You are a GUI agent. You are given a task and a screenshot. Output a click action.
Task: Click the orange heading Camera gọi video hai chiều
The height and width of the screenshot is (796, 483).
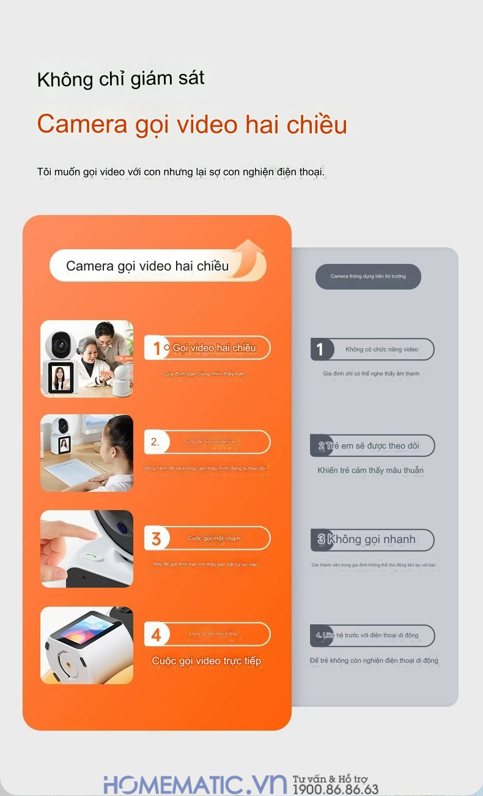tap(192, 125)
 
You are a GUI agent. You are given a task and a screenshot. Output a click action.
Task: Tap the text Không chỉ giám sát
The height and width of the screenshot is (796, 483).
tap(120, 79)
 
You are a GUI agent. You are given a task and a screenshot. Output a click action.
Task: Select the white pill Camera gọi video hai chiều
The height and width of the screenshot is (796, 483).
tap(147, 266)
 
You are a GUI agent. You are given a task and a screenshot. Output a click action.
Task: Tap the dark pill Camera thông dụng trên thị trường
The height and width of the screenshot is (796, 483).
tap(368, 277)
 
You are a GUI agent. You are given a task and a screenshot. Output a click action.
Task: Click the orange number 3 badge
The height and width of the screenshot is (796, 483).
tap(157, 539)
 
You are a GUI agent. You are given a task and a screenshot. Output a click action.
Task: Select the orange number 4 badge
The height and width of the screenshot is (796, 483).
tap(157, 635)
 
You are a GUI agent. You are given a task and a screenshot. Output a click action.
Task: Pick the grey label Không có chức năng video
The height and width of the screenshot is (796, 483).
tap(382, 349)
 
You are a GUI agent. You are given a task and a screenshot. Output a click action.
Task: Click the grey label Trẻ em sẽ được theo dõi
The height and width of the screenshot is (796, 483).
tap(382, 446)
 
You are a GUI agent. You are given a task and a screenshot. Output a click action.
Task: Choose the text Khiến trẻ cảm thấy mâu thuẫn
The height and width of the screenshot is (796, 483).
tap(371, 470)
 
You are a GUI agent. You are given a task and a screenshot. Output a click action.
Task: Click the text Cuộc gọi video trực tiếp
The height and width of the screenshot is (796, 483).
tap(206, 661)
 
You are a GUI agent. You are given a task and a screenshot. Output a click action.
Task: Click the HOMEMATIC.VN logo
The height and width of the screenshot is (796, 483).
tap(195, 783)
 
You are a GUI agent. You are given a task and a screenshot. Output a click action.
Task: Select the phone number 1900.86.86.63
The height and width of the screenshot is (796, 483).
tap(335, 790)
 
